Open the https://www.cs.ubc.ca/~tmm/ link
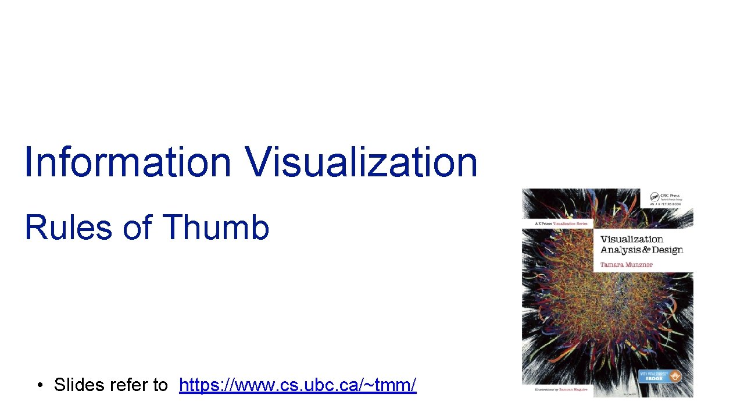298,385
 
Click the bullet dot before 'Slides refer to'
40,385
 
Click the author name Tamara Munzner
626,265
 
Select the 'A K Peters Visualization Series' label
560,223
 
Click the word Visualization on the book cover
631,239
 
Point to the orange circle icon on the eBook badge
674,376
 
